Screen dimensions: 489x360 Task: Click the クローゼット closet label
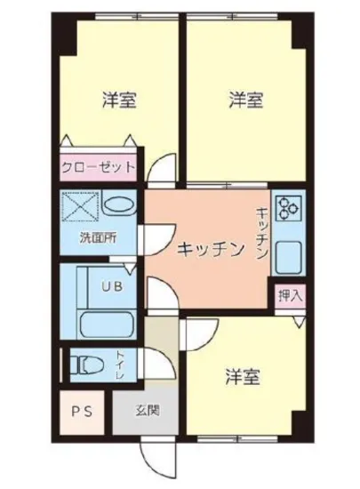(99, 166)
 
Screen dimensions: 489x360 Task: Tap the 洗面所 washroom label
(97, 238)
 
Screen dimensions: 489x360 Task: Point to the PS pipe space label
(83, 411)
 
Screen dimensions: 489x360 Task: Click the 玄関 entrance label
(148, 411)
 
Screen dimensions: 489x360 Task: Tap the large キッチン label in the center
(209, 250)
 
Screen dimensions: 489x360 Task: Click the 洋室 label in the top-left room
(117, 100)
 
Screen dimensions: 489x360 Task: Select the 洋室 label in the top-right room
(244, 100)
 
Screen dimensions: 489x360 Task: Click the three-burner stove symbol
(290, 208)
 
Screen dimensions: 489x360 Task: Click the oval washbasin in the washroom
(118, 204)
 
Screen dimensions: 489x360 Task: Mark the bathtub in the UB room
(104, 321)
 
